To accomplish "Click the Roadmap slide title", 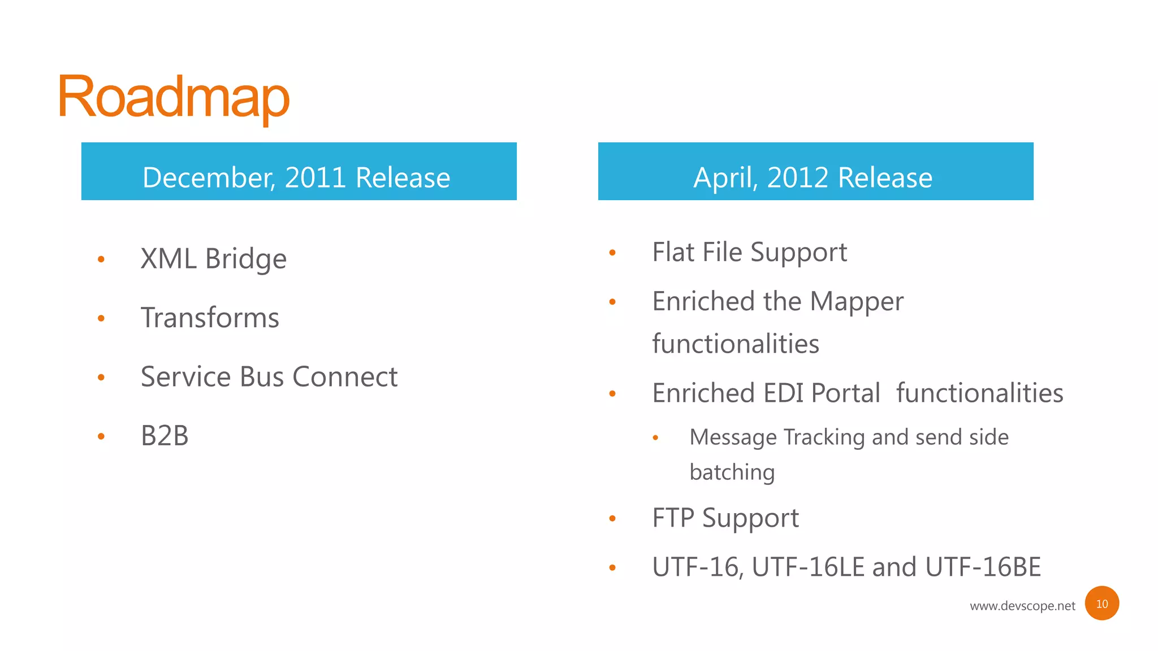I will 174,97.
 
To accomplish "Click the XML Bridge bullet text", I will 213,259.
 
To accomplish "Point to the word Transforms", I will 210,318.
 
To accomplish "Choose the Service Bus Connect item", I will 269,377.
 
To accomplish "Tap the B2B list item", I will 165,436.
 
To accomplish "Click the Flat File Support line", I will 749,252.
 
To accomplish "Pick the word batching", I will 732,472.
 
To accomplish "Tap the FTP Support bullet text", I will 725,518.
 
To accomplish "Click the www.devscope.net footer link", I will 1022,606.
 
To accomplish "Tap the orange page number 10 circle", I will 1101,604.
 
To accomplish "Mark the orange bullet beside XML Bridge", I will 101,259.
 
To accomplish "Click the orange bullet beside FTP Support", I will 612,518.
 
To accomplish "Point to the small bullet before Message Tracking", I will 655,437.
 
